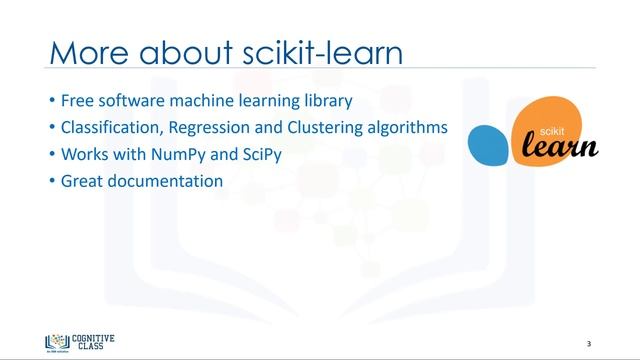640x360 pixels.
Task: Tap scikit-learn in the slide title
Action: tap(322, 52)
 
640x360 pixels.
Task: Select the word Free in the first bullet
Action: tap(78, 101)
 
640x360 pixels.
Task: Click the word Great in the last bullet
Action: tap(81, 182)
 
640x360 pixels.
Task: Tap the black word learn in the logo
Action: tap(560, 147)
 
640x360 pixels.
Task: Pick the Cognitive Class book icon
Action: tap(53, 342)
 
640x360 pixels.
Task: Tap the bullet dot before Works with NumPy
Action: tap(52, 155)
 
